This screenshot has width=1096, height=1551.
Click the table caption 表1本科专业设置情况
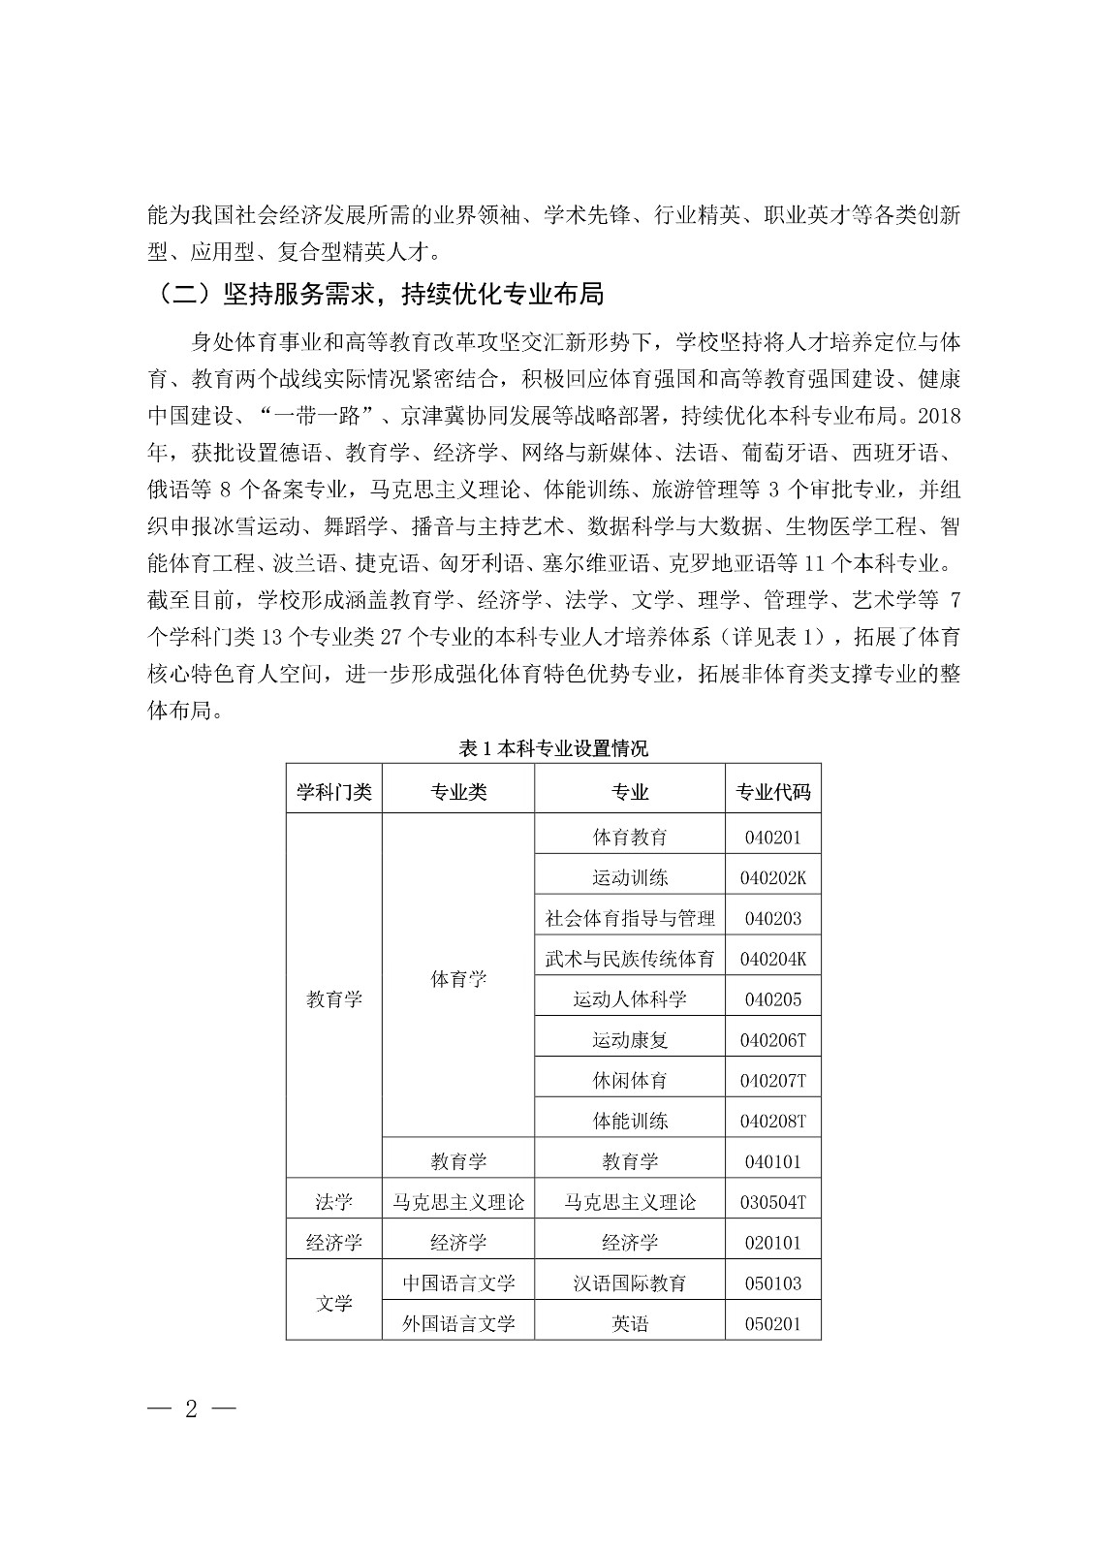[553, 748]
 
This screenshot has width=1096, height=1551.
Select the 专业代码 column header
[772, 792]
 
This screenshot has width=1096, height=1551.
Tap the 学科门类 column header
[334, 792]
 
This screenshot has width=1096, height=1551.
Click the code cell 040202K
[772, 878]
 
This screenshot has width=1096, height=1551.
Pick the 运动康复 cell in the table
[630, 1040]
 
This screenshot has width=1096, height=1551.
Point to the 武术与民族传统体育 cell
[630, 959]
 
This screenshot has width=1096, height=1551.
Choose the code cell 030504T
[772, 1202]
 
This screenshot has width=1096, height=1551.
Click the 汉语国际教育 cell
[630, 1283]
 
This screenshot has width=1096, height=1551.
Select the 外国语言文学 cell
[458, 1323]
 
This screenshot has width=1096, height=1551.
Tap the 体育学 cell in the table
[458, 979]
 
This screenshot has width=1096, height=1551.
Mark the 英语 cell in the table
[630, 1323]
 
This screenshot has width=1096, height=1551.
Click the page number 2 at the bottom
[191, 1409]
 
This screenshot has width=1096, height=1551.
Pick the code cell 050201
[772, 1323]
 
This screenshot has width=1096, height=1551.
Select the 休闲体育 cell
[630, 1080]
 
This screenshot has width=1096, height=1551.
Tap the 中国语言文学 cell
[458, 1283]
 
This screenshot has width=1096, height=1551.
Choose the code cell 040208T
[772, 1122]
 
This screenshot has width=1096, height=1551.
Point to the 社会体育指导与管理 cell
[630, 918]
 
